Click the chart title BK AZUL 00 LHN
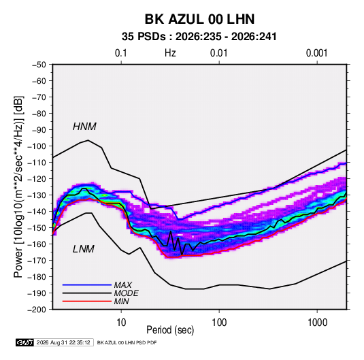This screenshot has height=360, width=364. point(199,19)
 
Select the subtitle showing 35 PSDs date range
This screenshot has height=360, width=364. point(199,37)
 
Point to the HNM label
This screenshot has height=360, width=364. point(84,127)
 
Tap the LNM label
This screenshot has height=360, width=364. point(84,249)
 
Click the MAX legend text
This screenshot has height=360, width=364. point(122,284)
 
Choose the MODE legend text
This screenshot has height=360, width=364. point(127,293)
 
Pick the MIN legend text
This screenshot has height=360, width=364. point(121,301)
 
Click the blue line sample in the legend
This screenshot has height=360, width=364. point(87,284)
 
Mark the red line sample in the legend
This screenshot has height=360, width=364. point(87,301)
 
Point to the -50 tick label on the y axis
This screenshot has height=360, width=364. point(39,65)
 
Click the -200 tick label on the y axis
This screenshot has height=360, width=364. point(37,310)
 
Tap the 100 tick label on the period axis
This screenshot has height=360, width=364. point(219,323)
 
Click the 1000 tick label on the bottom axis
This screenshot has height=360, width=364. point(317,323)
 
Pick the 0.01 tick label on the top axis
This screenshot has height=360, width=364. point(218,53)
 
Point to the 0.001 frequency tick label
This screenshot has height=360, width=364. point(316,53)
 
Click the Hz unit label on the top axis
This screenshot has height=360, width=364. point(170,53)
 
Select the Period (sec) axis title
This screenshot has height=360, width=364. point(170,330)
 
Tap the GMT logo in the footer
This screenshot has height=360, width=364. point(24,342)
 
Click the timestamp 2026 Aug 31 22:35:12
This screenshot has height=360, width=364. point(63,342)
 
